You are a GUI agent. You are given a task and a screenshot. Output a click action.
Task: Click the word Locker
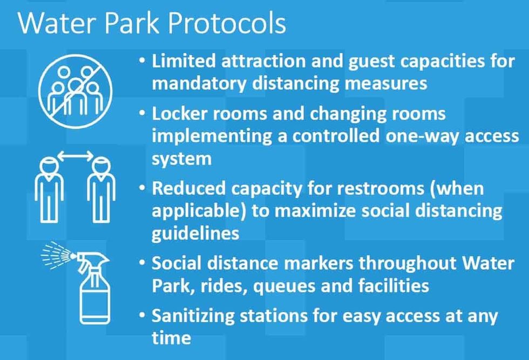coord(178,114)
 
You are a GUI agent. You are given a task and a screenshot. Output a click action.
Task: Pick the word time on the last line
coord(171,338)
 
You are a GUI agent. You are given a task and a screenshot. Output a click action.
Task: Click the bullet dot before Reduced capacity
coord(142,189)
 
